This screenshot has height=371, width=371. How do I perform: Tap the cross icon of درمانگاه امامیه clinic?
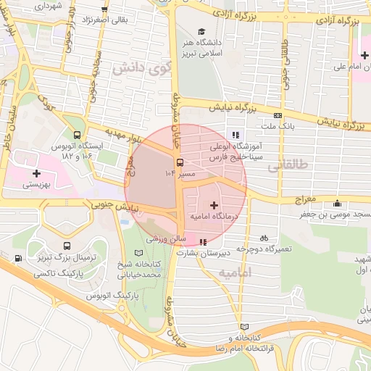pyautogui.click(x=213, y=206)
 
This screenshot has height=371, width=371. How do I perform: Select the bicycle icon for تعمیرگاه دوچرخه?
pyautogui.click(x=264, y=237)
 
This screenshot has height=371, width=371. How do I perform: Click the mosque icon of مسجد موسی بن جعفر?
pyautogui.click(x=336, y=204)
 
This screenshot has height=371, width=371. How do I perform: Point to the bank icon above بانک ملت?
pyautogui.click(x=278, y=115)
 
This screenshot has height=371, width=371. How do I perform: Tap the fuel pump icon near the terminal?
pyautogui.click(x=17, y=259)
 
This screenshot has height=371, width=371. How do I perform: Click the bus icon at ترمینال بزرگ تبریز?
pyautogui.click(x=67, y=246)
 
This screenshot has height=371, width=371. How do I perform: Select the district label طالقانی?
pyautogui.click(x=288, y=166)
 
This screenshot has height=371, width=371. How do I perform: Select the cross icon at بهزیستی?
pyautogui.click(x=36, y=173)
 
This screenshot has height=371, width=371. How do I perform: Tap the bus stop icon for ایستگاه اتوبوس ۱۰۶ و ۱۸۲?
pyautogui.click(x=77, y=135)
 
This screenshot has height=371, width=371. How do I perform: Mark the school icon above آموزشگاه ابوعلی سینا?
pyautogui.click(x=235, y=134)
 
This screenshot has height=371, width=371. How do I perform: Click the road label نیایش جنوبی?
pyautogui.click(x=109, y=207)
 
